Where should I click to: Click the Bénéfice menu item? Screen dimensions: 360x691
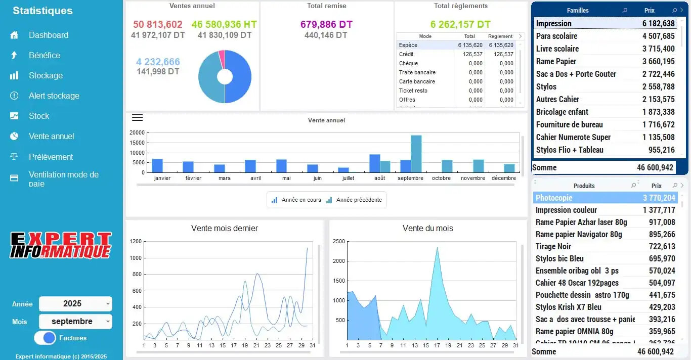pos(44,55)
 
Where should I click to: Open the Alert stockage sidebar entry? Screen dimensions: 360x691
pos(54,96)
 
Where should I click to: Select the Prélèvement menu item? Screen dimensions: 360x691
pos(51,157)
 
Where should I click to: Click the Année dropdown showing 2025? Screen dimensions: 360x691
pos(75,304)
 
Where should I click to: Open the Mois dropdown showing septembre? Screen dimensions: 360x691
pos(75,322)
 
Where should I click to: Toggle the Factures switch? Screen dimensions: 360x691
pos(45,338)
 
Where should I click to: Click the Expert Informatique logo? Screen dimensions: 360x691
pos(61,246)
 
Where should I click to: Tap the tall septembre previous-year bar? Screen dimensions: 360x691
pos(416,154)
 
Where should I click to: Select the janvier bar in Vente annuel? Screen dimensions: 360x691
pos(157,165)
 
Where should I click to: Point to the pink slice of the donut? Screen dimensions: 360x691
pos(222,59)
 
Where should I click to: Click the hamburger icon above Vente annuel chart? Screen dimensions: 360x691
pos(137,118)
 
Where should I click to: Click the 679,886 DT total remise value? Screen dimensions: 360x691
pos(326,24)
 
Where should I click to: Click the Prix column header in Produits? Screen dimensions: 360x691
pos(656,186)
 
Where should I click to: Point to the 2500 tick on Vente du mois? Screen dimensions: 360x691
pos(338,241)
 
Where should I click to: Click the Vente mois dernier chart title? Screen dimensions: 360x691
pos(225,228)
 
